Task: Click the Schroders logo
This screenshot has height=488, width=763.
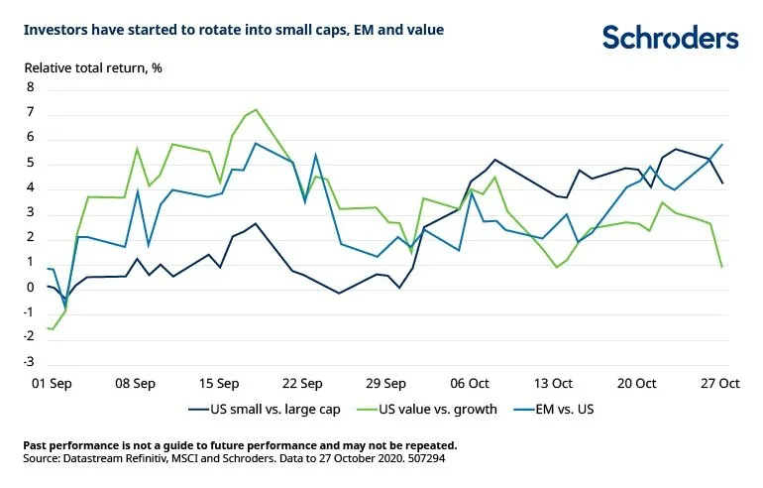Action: click(671, 38)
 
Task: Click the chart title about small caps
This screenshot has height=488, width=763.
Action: click(233, 31)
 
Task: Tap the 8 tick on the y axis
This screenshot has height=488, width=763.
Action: click(30, 87)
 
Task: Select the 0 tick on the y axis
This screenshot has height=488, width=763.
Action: click(30, 288)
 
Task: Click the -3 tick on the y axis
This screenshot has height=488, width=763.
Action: click(28, 363)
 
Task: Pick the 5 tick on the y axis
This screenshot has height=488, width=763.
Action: click(30, 163)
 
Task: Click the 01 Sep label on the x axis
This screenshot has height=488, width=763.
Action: click(52, 382)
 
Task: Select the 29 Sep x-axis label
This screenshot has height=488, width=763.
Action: click(385, 382)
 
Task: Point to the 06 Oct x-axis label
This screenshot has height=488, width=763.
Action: click(470, 382)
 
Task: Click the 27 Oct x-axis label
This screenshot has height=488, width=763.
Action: click(720, 382)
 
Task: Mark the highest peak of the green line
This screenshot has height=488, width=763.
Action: click(256, 109)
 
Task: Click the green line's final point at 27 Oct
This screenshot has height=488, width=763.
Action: click(721, 267)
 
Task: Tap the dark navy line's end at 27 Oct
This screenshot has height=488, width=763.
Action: click(721, 183)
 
